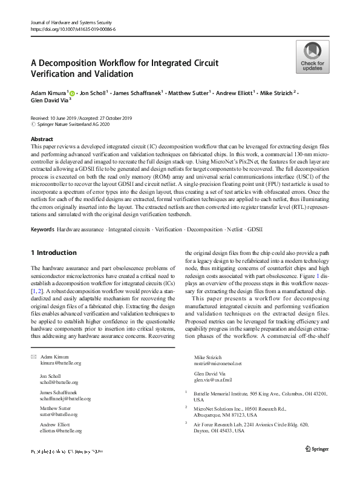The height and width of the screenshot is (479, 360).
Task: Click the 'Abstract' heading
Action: [x=42, y=139]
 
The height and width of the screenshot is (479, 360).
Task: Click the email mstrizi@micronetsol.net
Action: [x=217, y=363]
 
